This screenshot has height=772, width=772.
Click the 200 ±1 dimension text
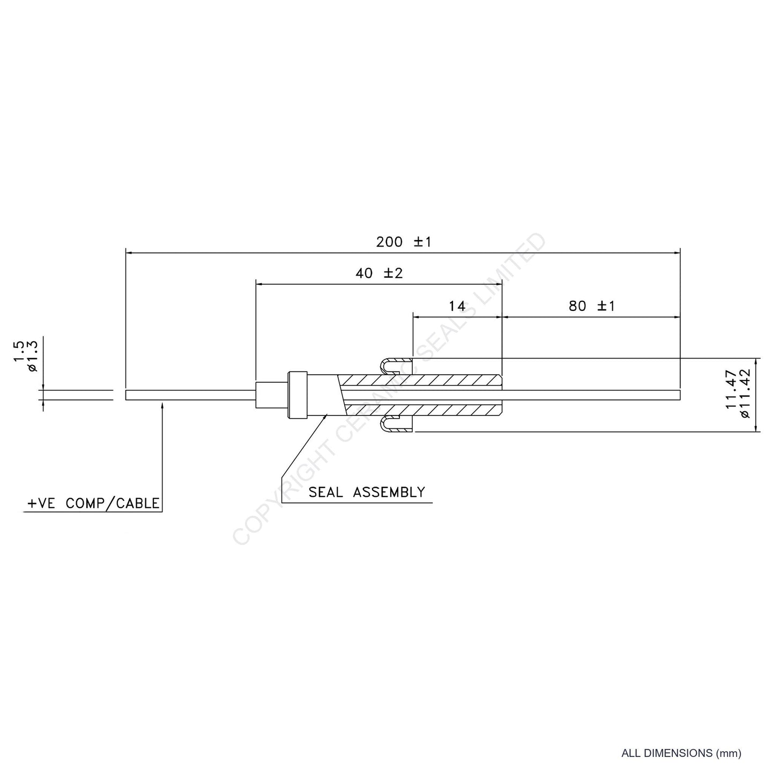(404, 242)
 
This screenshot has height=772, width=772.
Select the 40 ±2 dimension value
(379, 273)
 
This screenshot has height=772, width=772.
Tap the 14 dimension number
(457, 306)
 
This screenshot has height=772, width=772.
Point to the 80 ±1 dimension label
(592, 306)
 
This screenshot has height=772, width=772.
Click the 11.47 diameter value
(732, 389)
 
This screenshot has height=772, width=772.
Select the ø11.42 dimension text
(744, 394)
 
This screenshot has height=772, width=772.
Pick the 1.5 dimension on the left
(19, 351)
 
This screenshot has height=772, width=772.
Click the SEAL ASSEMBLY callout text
(367, 492)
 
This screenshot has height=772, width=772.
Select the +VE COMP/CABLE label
(93, 503)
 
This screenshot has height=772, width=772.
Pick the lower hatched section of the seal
(423, 410)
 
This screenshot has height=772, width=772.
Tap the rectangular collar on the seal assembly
(297, 395)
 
